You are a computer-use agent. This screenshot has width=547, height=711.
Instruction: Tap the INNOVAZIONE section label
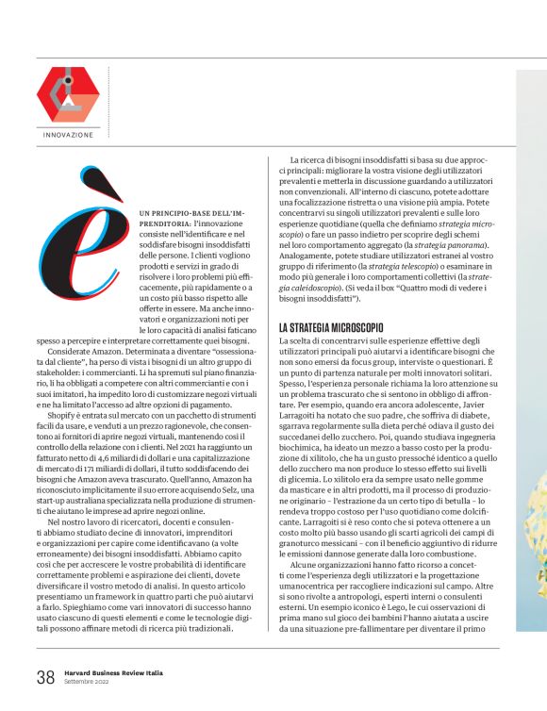click(x=69, y=135)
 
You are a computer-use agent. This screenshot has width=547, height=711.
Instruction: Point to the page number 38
click(x=45, y=676)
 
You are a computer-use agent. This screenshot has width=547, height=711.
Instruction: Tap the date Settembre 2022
click(x=87, y=681)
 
